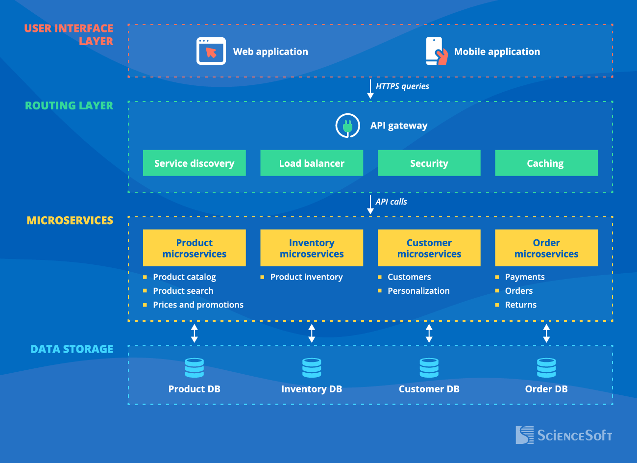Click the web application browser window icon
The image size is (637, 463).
[211, 51]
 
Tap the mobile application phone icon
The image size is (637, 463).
[436, 51]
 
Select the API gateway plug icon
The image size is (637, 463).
[347, 126]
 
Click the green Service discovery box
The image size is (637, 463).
[194, 163]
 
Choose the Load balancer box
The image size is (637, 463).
[312, 163]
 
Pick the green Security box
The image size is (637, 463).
[429, 163]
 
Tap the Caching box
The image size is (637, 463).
[546, 163]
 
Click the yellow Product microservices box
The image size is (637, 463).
[194, 248]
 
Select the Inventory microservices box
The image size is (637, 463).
[312, 248]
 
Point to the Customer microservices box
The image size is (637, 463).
[429, 248]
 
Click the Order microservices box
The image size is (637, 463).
[546, 248]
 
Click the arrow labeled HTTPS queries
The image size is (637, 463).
[370, 89]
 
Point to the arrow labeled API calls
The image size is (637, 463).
[370, 204]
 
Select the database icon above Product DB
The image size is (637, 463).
[194, 367]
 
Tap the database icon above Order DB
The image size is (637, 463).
[546, 367]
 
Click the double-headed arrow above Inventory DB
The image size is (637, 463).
[312, 333]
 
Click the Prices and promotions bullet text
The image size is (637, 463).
[198, 305]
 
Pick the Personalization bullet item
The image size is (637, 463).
[418, 291]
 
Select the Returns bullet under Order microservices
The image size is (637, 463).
[520, 305]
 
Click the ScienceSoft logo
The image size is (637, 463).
[563, 435]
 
